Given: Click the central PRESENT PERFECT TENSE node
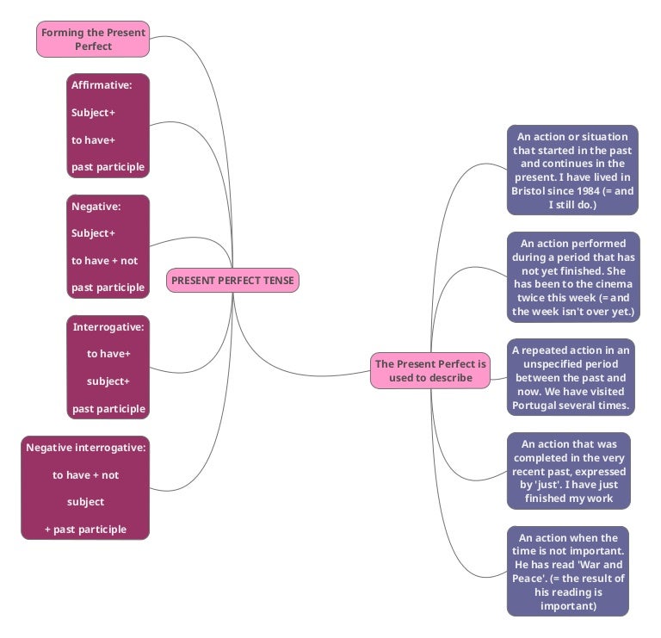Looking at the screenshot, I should coord(232,280).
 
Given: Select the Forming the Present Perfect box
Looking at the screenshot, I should coord(93,40).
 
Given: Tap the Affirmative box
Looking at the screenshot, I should coord(108,126).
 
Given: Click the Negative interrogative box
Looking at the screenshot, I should coord(85,488).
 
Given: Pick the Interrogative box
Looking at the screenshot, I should coord(108,368).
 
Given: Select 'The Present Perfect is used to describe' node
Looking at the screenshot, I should coord(430,370).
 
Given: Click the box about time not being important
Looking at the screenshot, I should coord(567,572).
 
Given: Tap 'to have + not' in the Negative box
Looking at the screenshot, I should coord(104,260).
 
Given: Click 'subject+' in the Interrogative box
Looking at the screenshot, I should coord(108,381).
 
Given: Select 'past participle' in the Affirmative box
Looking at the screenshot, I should coord(108,167).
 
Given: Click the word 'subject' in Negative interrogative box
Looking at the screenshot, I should coord(85,502).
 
